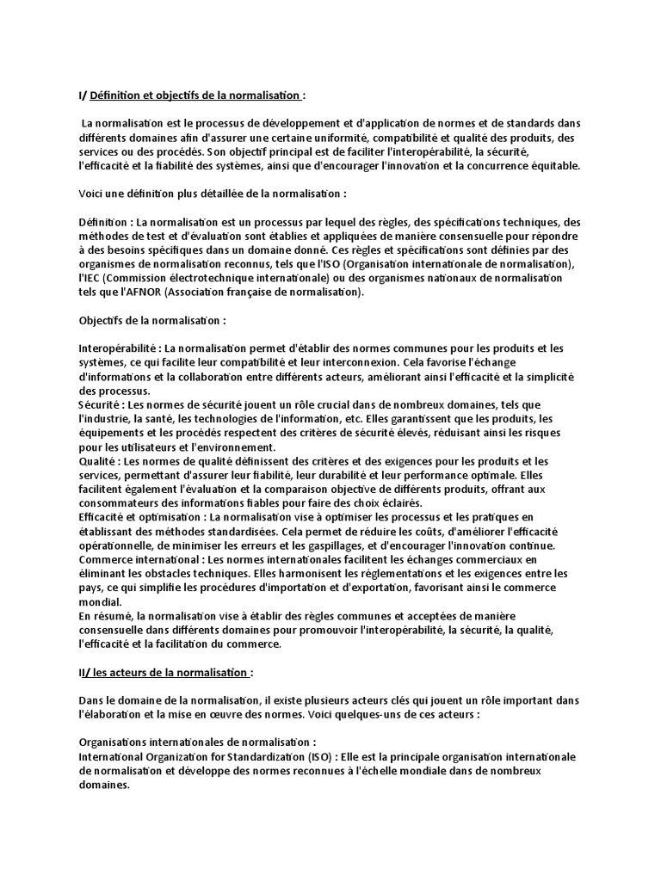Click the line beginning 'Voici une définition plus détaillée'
pos(212,194)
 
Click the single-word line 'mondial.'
pos(96,602)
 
